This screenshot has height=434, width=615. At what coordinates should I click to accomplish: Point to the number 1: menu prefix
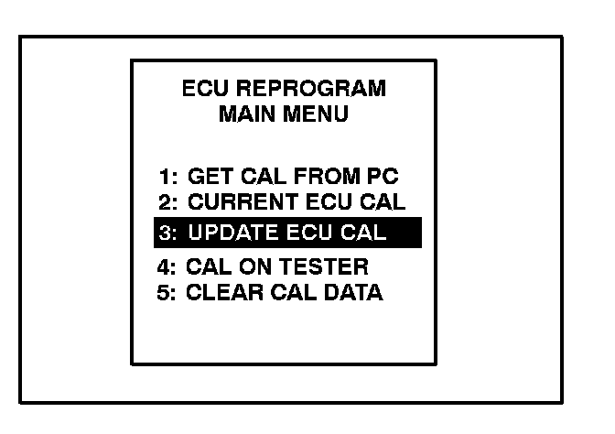167,177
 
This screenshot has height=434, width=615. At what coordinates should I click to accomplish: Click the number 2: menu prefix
167,200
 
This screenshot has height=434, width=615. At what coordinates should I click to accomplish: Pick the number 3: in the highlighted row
168,233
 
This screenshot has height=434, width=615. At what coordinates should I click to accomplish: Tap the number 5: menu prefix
167,293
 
